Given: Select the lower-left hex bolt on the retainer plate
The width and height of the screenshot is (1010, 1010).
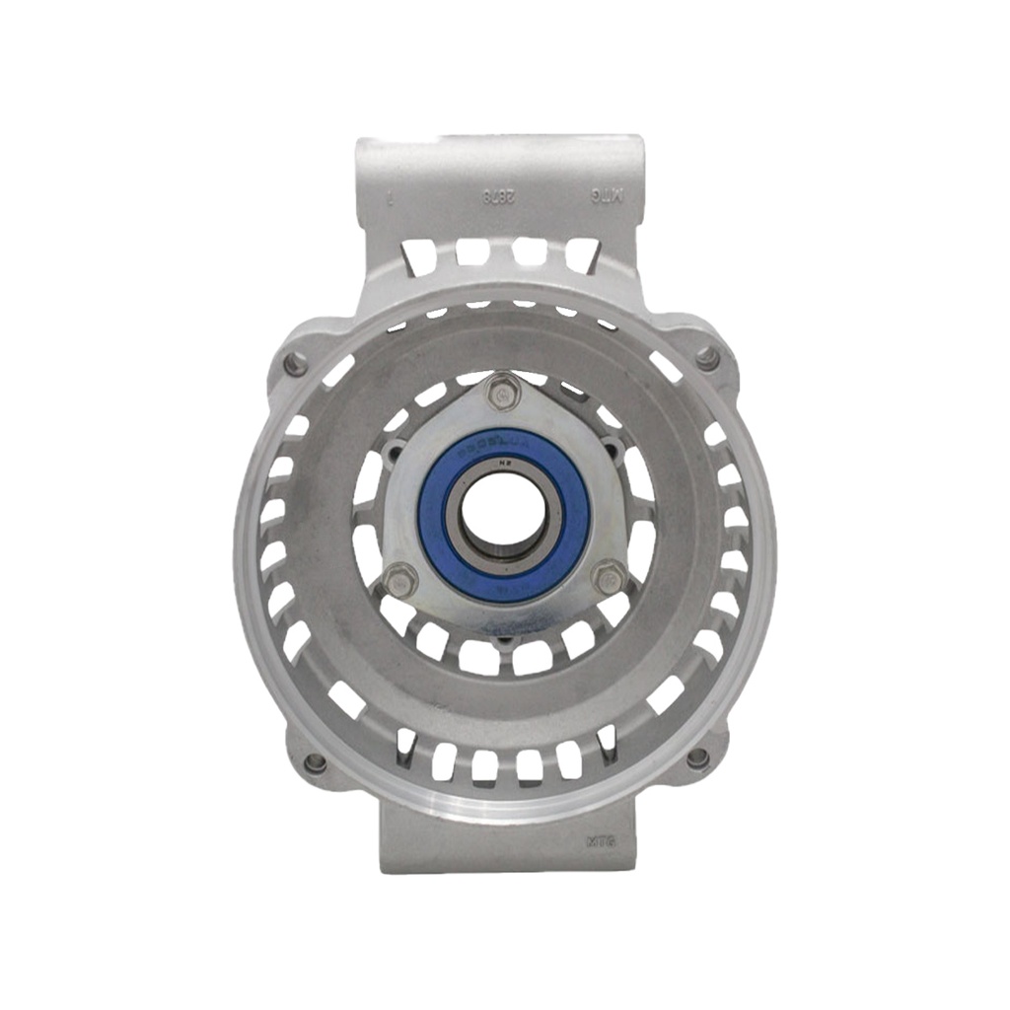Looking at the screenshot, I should [399, 581].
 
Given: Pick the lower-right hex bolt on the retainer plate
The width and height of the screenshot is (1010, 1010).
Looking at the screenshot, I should [610, 579].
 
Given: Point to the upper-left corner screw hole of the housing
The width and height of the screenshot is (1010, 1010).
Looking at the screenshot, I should [295, 365].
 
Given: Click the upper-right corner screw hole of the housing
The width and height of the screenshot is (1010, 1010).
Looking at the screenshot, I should [706, 358].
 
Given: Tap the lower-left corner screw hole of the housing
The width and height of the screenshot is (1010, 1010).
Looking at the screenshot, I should [315, 762].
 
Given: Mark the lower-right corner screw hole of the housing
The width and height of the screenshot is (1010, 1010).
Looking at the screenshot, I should [697, 757].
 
